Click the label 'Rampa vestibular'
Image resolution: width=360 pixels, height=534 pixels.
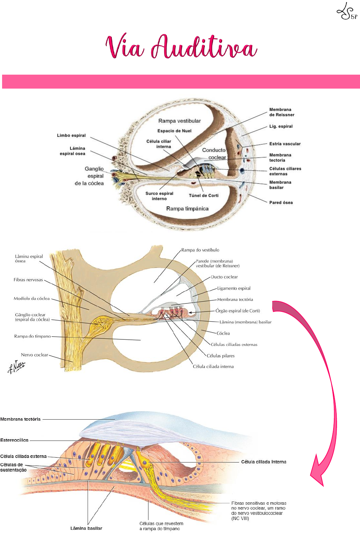click(x=179, y=121)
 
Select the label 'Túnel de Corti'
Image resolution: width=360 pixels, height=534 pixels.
click(x=204, y=196)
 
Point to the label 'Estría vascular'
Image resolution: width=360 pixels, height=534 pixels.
click(x=285, y=144)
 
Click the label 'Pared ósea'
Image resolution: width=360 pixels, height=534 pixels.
click(x=281, y=203)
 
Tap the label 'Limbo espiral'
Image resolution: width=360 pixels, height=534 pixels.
click(x=71, y=135)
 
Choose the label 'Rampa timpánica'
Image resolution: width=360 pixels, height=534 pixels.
click(x=187, y=209)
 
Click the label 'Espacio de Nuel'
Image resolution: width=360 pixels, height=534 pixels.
click(x=174, y=131)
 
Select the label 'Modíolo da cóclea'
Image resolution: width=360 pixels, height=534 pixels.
click(x=32, y=299)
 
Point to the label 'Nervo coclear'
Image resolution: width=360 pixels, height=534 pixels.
click(x=35, y=355)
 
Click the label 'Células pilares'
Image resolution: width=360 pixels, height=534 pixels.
click(x=221, y=356)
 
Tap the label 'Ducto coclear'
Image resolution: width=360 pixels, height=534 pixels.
click(x=224, y=277)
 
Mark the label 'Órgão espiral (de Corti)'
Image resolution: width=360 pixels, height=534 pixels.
click(x=238, y=311)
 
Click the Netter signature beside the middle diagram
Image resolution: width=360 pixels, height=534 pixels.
click(x=16, y=367)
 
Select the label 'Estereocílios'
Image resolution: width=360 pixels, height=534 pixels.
click(x=14, y=440)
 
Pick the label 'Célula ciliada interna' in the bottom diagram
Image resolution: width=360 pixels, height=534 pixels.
click(x=263, y=462)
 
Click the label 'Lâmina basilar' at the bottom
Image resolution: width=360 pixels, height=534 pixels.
click(x=86, y=528)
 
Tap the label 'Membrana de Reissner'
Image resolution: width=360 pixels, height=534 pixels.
click(x=282, y=112)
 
